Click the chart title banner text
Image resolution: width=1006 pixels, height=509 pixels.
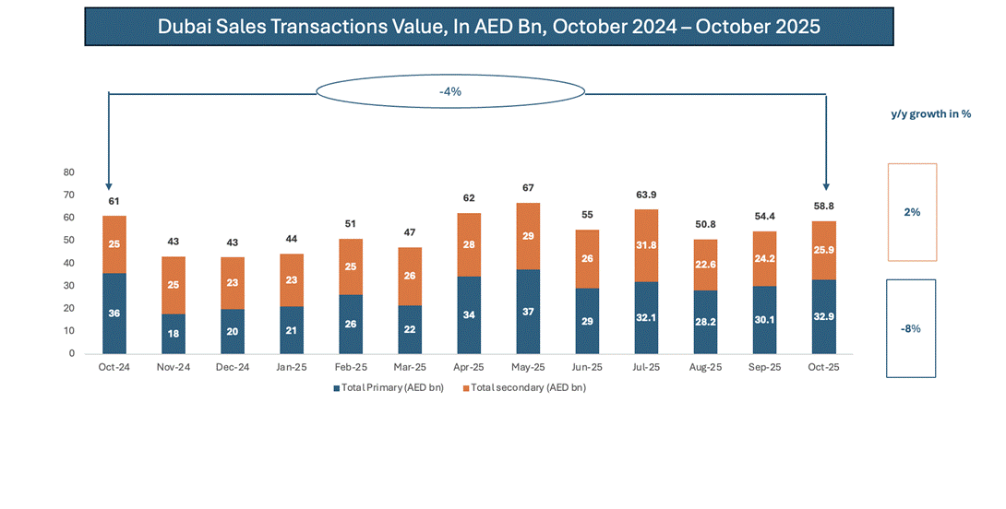pyautogui.click(x=488, y=27)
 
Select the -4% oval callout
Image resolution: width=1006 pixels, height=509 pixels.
pyautogui.click(x=450, y=92)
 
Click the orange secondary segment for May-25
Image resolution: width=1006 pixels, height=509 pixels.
pyautogui.click(x=527, y=236)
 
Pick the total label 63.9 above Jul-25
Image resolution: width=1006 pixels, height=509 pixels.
pyautogui.click(x=646, y=195)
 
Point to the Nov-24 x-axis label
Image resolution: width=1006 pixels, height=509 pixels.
pyautogui.click(x=174, y=367)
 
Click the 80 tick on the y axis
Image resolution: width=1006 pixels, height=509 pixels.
pyautogui.click(x=68, y=172)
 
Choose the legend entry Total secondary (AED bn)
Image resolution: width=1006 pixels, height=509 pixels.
pyautogui.click(x=527, y=387)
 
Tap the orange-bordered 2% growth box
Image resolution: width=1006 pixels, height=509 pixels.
pyautogui.click(x=912, y=212)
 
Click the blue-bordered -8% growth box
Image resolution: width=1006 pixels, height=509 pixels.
pyautogui.click(x=911, y=328)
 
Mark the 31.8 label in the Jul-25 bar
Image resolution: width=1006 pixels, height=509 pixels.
pyautogui.click(x=646, y=245)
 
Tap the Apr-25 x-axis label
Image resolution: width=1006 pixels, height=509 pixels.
pyautogui.click(x=468, y=367)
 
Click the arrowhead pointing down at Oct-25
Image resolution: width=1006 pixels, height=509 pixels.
pyautogui.click(x=825, y=184)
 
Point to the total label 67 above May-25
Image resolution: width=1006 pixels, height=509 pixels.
pyautogui.click(x=527, y=188)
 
